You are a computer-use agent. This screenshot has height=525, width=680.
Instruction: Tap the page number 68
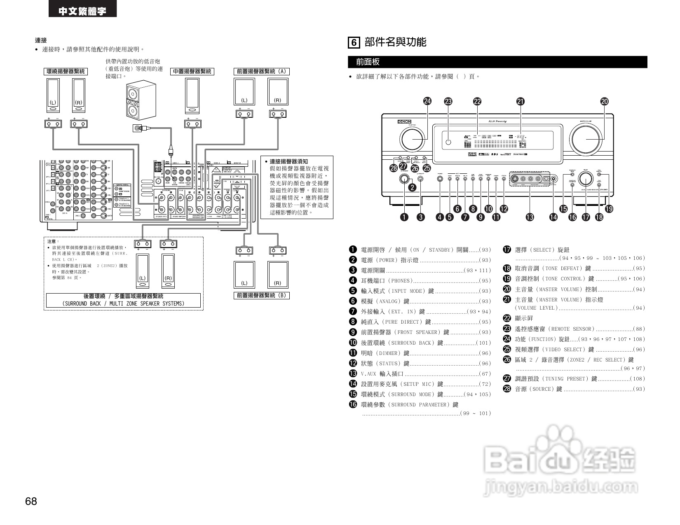click(31, 501)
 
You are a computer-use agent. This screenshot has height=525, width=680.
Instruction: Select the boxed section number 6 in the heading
click(354, 42)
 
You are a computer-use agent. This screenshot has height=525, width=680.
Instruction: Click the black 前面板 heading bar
click(497, 62)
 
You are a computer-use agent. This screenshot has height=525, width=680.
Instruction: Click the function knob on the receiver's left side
click(412, 139)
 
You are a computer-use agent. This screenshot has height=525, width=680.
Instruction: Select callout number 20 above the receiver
click(605, 101)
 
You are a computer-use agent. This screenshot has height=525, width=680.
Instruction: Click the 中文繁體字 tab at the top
click(82, 11)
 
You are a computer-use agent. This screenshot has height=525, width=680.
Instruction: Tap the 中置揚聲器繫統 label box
click(192, 71)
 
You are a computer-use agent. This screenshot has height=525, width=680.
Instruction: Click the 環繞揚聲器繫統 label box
click(66, 71)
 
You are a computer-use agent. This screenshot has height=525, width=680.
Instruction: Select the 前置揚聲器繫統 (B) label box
click(261, 295)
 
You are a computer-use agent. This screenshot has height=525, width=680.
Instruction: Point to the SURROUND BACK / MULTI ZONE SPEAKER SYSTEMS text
click(123, 303)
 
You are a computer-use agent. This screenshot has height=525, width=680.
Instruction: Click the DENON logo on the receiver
click(404, 122)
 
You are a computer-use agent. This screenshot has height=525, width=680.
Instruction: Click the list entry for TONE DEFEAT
click(574, 268)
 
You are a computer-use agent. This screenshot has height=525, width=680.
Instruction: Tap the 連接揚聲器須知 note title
click(288, 161)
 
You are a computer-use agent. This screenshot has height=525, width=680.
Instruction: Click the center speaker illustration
click(192, 96)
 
